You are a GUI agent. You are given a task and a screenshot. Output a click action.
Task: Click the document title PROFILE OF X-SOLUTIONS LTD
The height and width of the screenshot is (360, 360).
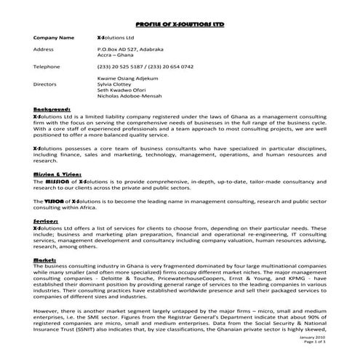(180, 14)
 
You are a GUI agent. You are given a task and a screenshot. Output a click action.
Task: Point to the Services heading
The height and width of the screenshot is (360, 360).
(47, 219)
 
